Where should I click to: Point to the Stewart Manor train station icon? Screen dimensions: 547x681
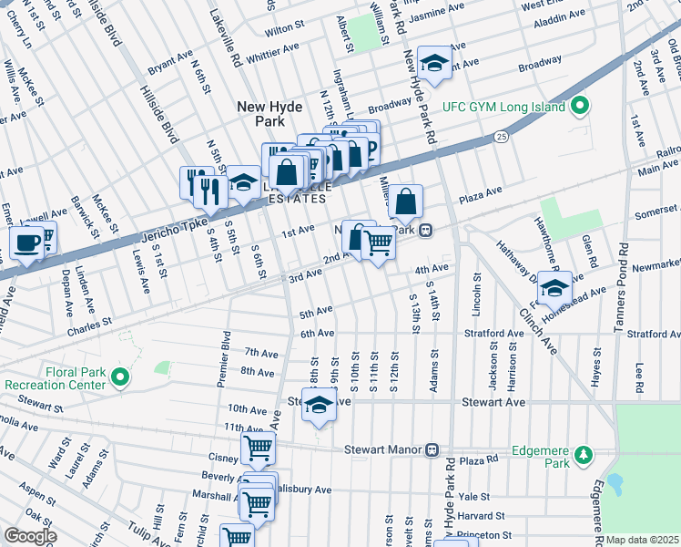pyautogui.click(x=433, y=449)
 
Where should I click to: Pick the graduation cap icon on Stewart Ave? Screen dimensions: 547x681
pyautogui.click(x=319, y=407)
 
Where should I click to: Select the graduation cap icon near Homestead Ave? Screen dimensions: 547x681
pyautogui.click(x=554, y=288)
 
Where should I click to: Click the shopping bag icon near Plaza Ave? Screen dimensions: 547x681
pyautogui.click(x=407, y=201)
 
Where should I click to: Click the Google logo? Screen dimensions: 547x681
pyautogui.click(x=30, y=536)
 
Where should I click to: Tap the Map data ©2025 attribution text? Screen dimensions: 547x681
pyautogui.click(x=642, y=540)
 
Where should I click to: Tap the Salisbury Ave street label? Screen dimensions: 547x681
pyautogui.click(x=303, y=490)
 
